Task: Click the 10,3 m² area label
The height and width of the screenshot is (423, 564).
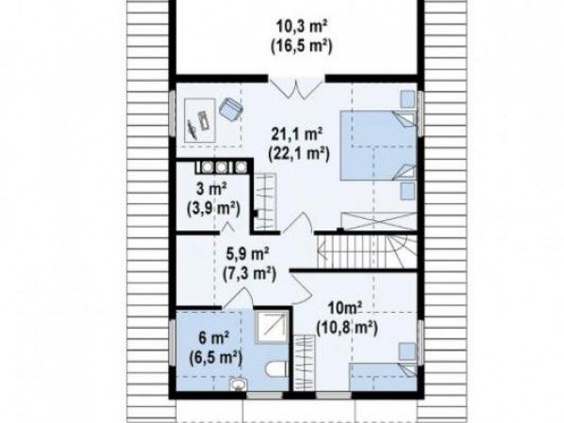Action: [302, 27]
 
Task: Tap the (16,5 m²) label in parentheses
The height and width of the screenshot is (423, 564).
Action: [301, 46]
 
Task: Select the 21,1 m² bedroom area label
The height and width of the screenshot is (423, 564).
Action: [296, 134]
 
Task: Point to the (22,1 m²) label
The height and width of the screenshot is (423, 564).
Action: [299, 154]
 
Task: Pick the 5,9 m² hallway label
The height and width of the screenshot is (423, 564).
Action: [247, 255]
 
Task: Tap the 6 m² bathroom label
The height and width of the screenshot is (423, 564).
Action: [214, 338]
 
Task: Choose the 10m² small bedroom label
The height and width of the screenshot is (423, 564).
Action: [345, 308]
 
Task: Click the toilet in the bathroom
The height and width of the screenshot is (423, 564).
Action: [275, 368]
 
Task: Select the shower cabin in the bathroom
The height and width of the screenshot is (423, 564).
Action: [273, 327]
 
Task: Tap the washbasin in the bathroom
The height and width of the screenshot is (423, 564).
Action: [238, 384]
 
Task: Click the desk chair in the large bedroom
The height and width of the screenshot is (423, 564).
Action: [231, 108]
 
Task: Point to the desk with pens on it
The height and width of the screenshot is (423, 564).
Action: [199, 120]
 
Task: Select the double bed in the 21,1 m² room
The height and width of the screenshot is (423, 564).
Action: [379, 146]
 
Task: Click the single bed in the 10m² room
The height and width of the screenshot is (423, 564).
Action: [384, 377]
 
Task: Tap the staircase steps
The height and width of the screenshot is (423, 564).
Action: [367, 251]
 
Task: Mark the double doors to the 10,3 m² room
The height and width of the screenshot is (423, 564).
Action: [297, 89]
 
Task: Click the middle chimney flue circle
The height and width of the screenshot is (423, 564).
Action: [222, 166]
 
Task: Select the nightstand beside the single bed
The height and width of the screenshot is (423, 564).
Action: [407, 351]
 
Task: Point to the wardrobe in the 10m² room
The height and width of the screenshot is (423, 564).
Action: [305, 362]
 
